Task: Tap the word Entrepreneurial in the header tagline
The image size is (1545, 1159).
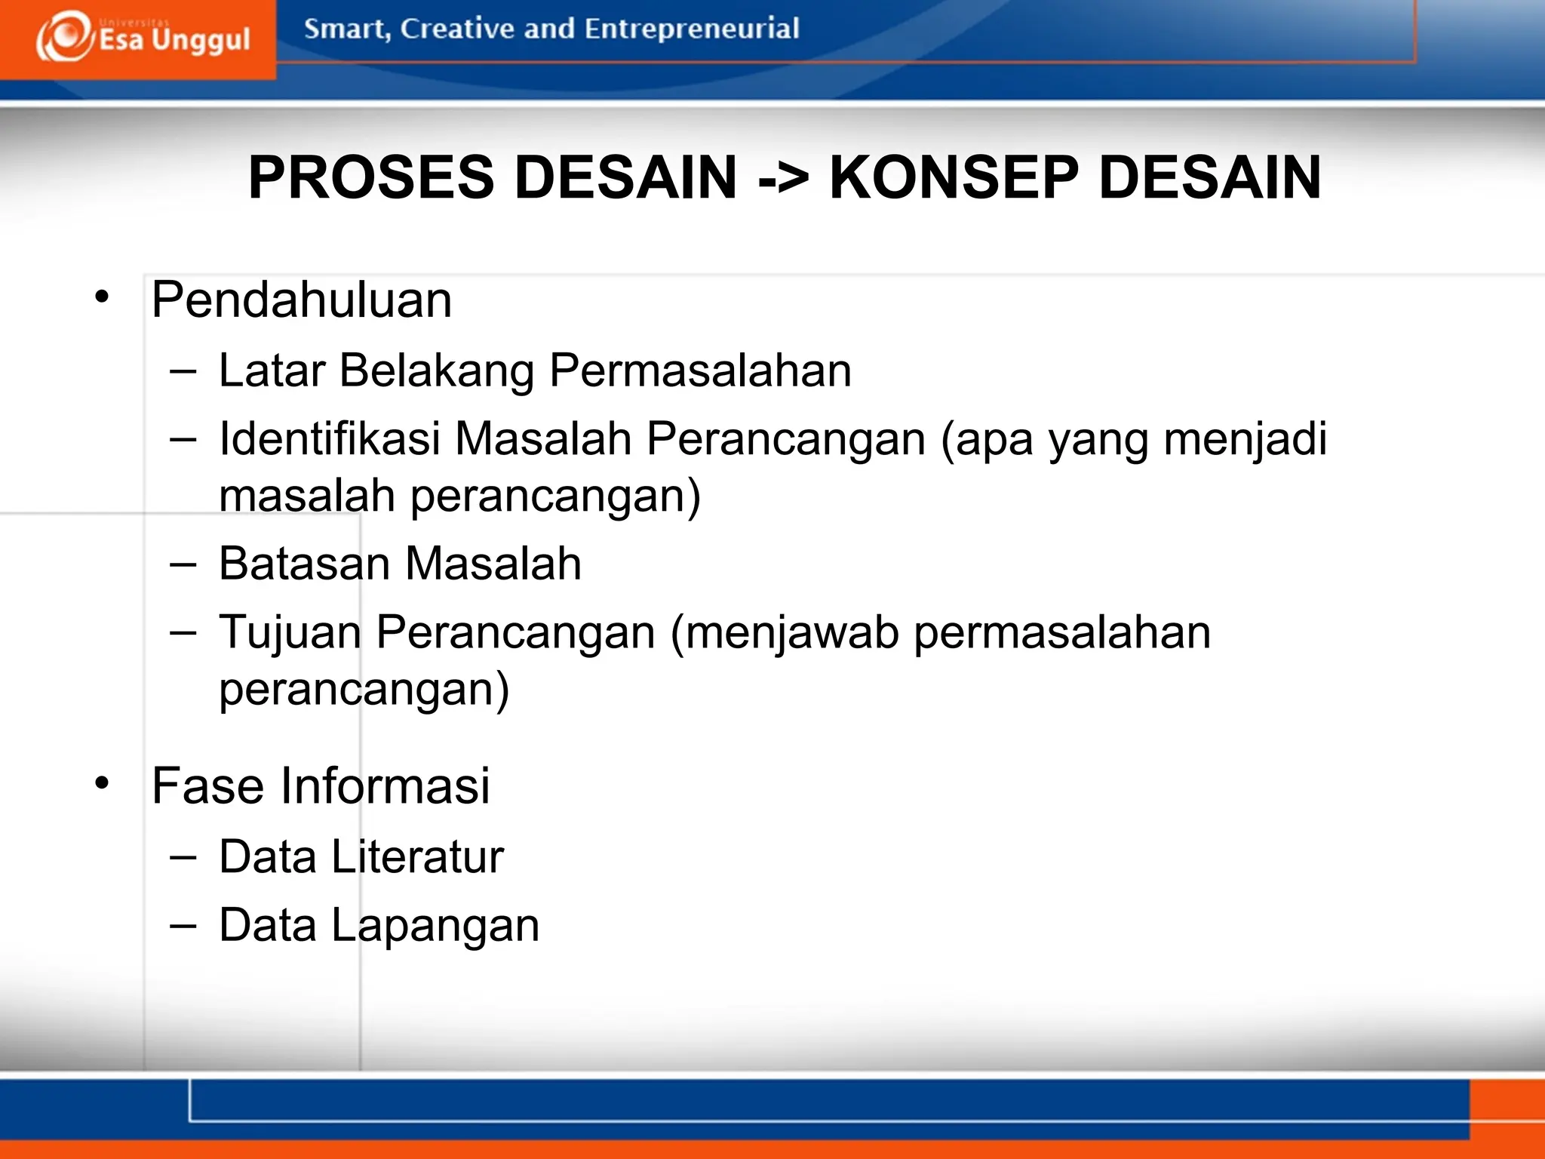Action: tap(691, 29)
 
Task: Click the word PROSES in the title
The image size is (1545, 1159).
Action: tap(370, 178)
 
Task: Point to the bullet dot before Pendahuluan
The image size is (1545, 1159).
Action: tap(102, 297)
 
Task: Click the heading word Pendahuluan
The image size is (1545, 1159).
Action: tap(301, 300)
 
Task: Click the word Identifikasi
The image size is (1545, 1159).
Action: tap(329, 439)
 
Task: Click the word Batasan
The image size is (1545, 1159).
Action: tap(304, 564)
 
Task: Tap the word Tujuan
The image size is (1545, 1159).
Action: tap(290, 632)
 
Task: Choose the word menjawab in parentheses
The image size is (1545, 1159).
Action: tap(792, 632)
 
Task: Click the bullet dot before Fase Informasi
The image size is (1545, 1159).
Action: tap(102, 783)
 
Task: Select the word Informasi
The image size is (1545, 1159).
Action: tap(385, 785)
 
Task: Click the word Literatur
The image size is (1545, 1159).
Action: tap(417, 857)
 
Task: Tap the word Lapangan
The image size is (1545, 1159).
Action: tap(435, 927)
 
